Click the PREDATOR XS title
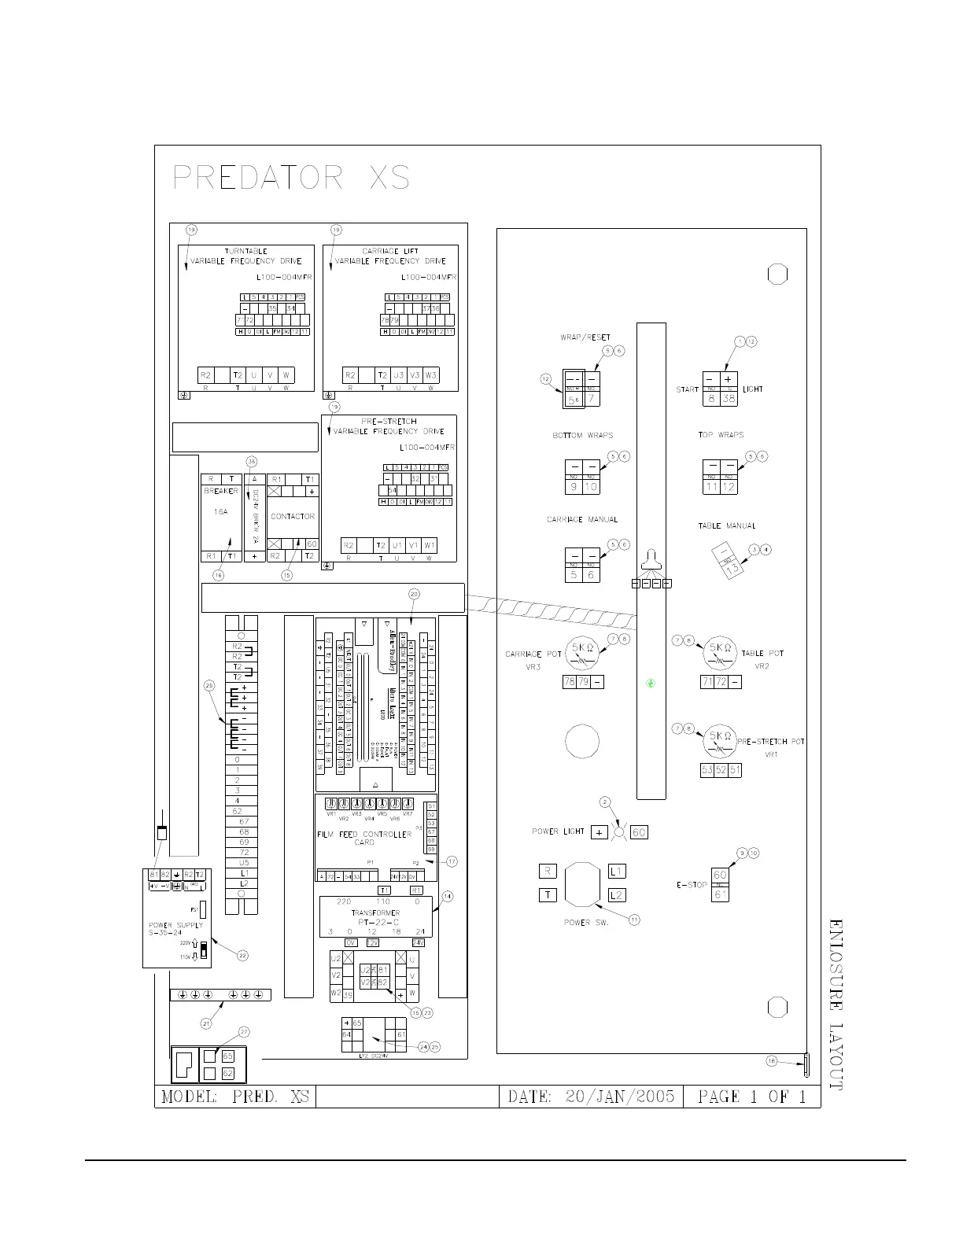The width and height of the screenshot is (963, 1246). pos(291,179)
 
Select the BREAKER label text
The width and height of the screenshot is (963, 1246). pos(221,491)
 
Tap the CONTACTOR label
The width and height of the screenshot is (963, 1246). pos(293,517)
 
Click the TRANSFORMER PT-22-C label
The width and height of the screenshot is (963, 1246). pos(375,917)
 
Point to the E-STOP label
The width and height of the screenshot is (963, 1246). pos(692,885)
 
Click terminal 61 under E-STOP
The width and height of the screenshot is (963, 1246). pos(720,894)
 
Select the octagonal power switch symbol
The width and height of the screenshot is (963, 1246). pos(581,887)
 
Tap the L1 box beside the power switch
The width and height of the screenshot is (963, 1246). pos(617,872)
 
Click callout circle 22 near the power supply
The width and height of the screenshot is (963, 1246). pos(243,955)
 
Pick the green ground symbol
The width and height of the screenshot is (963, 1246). pos(651,683)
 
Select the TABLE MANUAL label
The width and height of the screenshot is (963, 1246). pos(727,525)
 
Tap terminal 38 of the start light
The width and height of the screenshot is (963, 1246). pos(729,399)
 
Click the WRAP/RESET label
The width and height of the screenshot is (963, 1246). pos(585,337)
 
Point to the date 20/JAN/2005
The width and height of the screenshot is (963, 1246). pos(591,1097)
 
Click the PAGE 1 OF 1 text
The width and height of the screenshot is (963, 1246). pos(751,1097)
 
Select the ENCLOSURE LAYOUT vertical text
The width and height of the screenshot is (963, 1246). pos(836,1004)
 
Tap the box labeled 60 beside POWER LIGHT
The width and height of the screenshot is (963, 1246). pos(639,832)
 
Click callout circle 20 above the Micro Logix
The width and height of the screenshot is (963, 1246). pos(415,595)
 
